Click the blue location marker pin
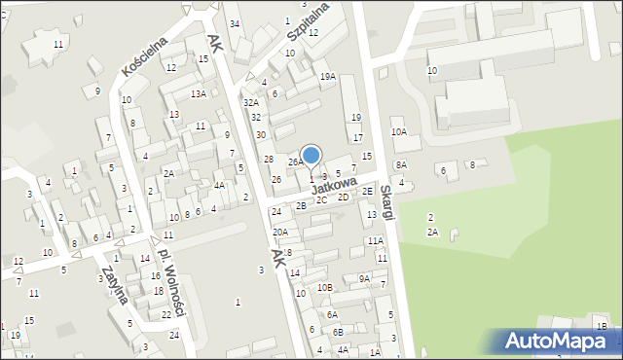(x=311, y=156)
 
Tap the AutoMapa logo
(x=561, y=341)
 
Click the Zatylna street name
(x=114, y=282)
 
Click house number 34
(x=235, y=23)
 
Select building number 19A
(x=328, y=76)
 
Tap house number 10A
(x=398, y=131)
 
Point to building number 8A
(x=400, y=165)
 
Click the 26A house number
(x=295, y=162)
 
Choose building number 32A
(x=251, y=102)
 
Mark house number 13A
(x=198, y=93)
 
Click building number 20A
(x=280, y=232)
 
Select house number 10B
(x=324, y=287)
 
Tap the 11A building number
(x=375, y=240)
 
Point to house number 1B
(x=602, y=326)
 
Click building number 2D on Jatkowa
(x=343, y=197)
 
